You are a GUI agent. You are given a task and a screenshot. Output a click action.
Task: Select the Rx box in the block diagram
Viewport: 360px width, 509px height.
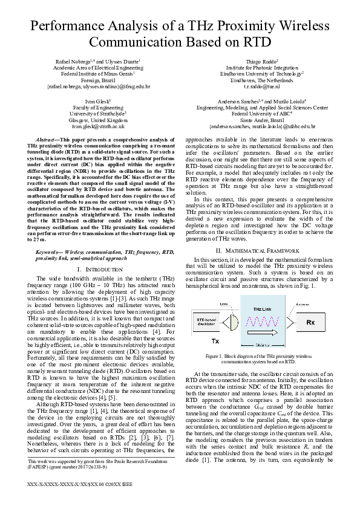click(x=310, y=323)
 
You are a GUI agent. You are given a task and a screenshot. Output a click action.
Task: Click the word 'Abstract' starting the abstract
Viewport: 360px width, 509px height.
click(x=48, y=140)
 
